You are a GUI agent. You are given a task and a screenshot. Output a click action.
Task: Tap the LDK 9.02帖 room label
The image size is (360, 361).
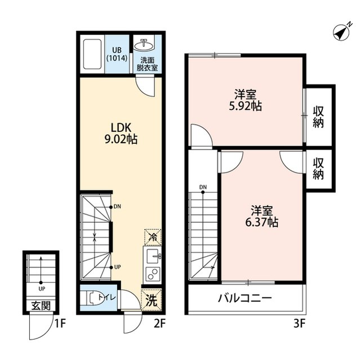tap(121, 133)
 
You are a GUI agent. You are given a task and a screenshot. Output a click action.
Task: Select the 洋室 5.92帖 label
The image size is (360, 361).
tap(245, 100)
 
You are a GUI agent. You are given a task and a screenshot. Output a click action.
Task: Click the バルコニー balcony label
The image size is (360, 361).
tap(245, 298)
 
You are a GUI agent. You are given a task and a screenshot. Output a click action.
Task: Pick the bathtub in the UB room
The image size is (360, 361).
tap(92, 54)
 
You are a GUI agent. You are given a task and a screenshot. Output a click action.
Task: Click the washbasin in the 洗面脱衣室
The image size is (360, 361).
tap(144, 45)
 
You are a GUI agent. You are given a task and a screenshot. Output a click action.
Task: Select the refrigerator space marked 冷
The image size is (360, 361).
tap(153, 237)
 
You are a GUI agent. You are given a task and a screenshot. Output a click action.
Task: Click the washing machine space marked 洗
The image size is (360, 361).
tap(152, 300)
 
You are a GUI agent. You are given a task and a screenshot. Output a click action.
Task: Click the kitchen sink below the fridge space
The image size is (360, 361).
tap(153, 256)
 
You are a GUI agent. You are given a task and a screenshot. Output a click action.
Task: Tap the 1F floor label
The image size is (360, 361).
tap(61, 324)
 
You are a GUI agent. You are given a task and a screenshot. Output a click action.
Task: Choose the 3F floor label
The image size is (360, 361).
tap(299, 324)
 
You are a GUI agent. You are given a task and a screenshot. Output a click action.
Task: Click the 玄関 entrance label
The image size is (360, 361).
tap(41, 306)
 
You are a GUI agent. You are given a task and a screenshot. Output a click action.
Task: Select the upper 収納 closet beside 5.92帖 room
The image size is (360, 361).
tap(318, 117)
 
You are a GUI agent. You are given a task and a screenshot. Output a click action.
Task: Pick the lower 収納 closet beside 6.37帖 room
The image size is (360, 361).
tap(318, 169)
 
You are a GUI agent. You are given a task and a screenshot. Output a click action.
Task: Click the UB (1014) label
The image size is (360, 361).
tap(117, 54)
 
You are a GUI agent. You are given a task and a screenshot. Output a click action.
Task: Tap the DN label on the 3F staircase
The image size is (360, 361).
tap(203, 187)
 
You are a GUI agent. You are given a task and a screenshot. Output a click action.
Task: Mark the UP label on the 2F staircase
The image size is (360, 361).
tap(118, 267)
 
